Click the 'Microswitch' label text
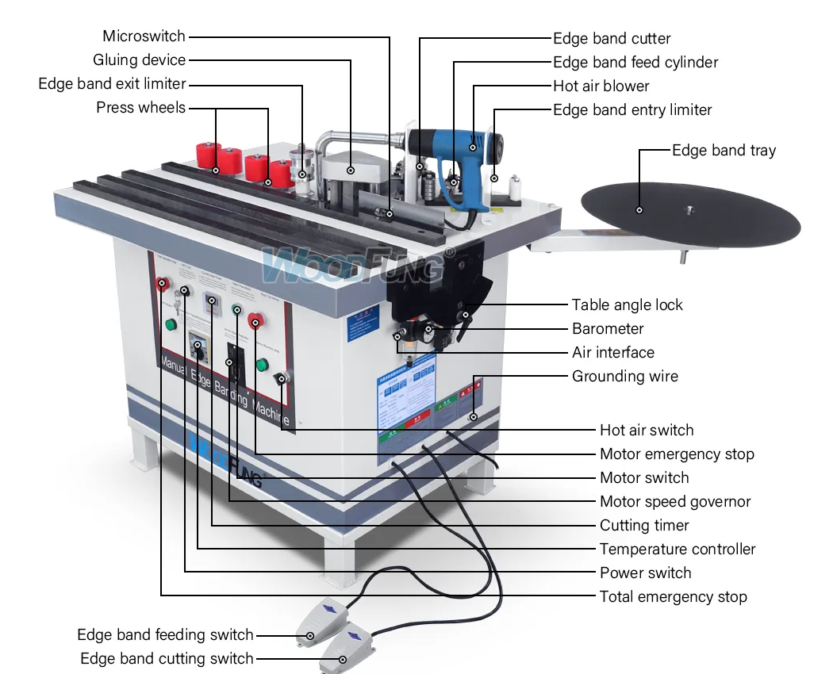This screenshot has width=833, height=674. pos(144,36)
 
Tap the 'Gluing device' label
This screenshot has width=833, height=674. pos(139,59)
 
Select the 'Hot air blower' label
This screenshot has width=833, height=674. pos(601,86)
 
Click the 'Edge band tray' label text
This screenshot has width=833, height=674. pos(724,150)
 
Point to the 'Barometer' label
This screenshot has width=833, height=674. pos(608,328)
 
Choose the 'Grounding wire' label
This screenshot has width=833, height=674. pos(625,376)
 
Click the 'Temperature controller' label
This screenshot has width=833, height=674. pos(678,549)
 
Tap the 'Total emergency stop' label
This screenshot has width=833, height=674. pos(673,596)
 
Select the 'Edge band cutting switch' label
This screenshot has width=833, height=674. pos(167,658)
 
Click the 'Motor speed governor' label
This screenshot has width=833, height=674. pos(675,501)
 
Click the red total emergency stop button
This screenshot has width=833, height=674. pos(163,283)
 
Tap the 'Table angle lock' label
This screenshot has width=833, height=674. pos(627,304)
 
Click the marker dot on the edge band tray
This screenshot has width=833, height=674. pos(639,209)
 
